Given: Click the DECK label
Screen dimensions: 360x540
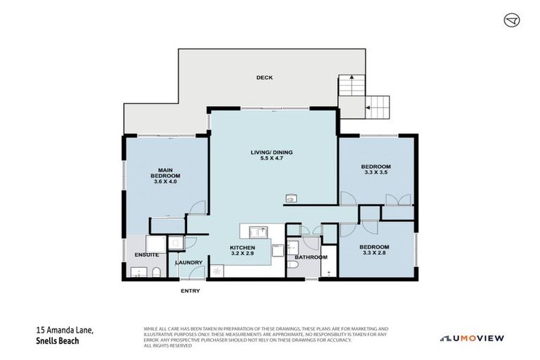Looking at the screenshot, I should [264, 77].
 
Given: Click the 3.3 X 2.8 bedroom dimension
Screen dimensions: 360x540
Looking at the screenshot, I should [374, 252].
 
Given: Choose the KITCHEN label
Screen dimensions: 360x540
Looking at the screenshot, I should [241, 247].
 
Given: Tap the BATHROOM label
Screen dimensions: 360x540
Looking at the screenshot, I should [311, 257].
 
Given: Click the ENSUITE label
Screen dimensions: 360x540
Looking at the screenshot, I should [147, 255].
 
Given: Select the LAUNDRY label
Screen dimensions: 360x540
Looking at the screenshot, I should [189, 263].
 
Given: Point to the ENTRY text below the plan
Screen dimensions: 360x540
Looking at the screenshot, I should [190, 290].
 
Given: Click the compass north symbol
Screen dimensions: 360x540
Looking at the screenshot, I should [512, 20].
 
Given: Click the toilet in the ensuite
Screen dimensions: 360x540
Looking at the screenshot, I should [159, 272].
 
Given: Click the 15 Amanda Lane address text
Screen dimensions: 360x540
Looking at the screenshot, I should [63, 330].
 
